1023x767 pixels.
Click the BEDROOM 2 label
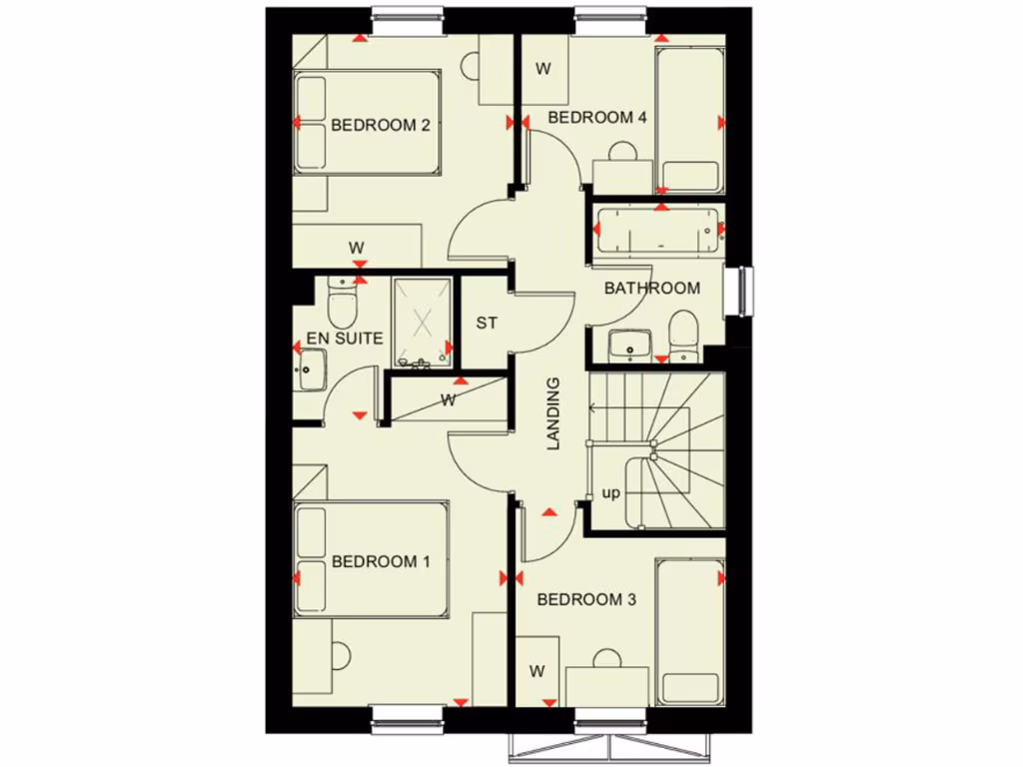pos(381,126)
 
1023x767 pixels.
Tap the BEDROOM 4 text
pos(597,118)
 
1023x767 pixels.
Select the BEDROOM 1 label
pos(381,561)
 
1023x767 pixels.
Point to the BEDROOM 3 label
pos(586,600)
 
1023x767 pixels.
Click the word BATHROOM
pos(652,289)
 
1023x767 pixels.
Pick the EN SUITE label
pos(345,339)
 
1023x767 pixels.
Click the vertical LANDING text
pos(552,413)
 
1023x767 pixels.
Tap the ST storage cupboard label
pos(487,324)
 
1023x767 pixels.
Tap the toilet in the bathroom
pos(683,334)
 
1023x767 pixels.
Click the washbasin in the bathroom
pos(629,345)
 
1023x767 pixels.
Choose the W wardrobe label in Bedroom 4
pos(543,69)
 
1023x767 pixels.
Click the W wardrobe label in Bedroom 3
pos(537,670)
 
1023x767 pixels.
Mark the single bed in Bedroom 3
pos(688,631)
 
